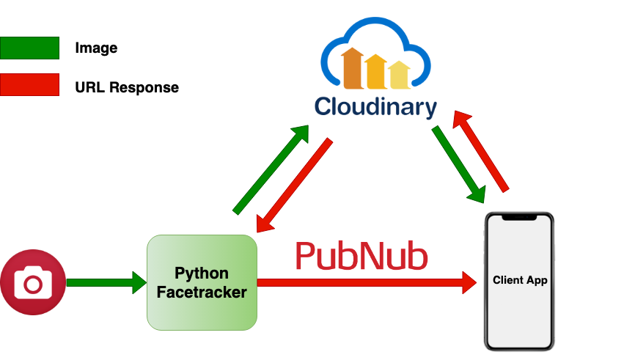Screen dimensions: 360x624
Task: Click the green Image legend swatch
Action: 29,48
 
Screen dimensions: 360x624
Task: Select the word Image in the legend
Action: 96,48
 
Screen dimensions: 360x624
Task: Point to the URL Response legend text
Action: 126,87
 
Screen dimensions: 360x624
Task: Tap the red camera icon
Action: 33,282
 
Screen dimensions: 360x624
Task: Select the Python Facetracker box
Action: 202,282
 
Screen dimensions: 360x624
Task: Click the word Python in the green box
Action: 202,273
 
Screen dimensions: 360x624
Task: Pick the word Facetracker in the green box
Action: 202,293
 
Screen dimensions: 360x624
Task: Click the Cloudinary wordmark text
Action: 375,107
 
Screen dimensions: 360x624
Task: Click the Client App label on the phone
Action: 520,281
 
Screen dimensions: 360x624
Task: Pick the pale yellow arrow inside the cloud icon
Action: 400,74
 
